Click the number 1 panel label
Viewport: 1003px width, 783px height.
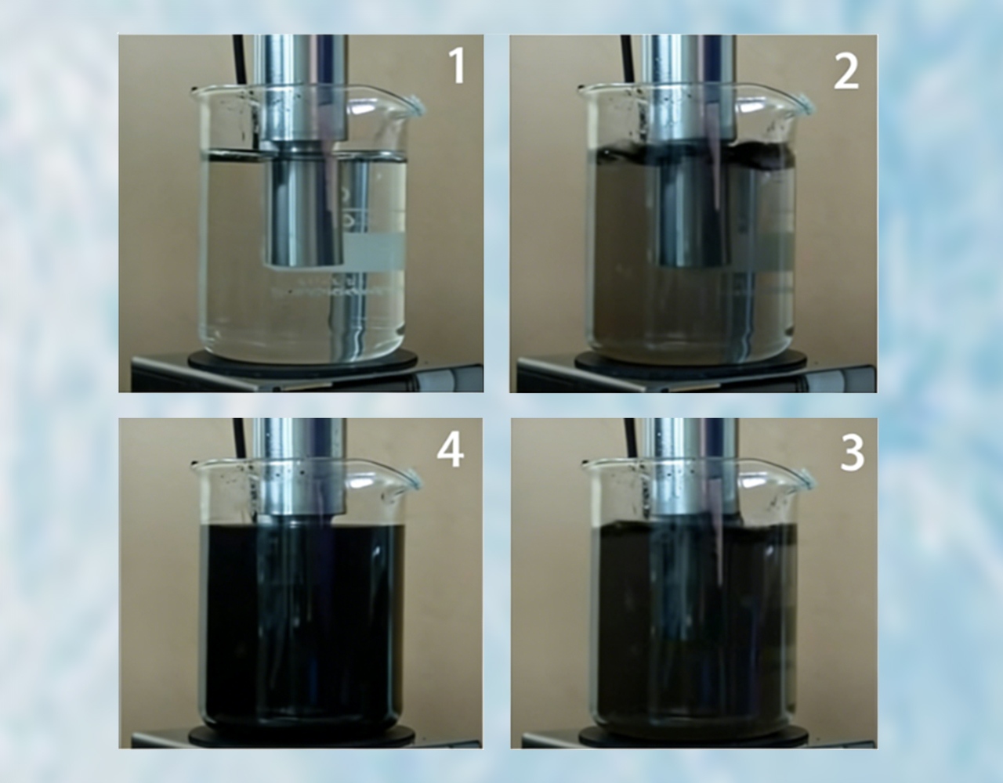click(457, 66)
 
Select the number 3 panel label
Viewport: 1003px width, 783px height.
click(852, 454)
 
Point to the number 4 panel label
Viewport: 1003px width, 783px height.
click(450, 450)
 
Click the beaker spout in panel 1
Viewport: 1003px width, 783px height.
click(415, 105)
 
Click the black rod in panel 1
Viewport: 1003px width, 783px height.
click(239, 59)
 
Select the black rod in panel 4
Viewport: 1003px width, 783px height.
click(239, 438)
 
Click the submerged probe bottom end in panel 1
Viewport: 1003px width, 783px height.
click(304, 264)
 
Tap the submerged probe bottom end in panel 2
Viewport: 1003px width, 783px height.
click(693, 264)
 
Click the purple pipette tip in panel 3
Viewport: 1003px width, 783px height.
click(721, 576)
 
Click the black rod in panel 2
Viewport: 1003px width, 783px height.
click(628, 59)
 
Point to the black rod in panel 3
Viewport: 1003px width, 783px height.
click(631, 438)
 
